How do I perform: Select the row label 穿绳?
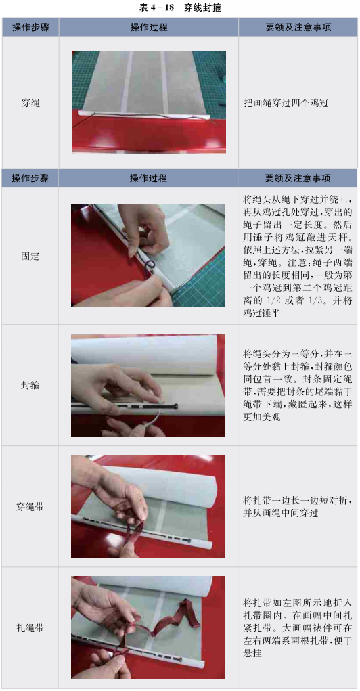[30, 104]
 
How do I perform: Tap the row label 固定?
[30, 256]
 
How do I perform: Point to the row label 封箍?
[30, 385]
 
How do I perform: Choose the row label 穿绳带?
[30, 506]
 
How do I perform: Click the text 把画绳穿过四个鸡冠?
[286, 104]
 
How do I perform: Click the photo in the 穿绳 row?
[149, 102]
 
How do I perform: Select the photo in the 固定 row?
[148, 256]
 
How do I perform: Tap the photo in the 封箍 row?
[148, 385]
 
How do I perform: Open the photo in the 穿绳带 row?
[148, 506]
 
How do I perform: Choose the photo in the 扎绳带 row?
[148, 627]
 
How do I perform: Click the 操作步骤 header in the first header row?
[30, 27]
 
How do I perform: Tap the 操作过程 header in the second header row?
[148, 178]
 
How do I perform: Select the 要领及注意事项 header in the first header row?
[298, 27]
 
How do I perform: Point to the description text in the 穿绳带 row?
[298, 507]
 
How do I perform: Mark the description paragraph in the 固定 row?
[298, 256]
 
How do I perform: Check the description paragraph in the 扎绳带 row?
[298, 628]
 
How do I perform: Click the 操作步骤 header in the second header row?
[30, 178]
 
